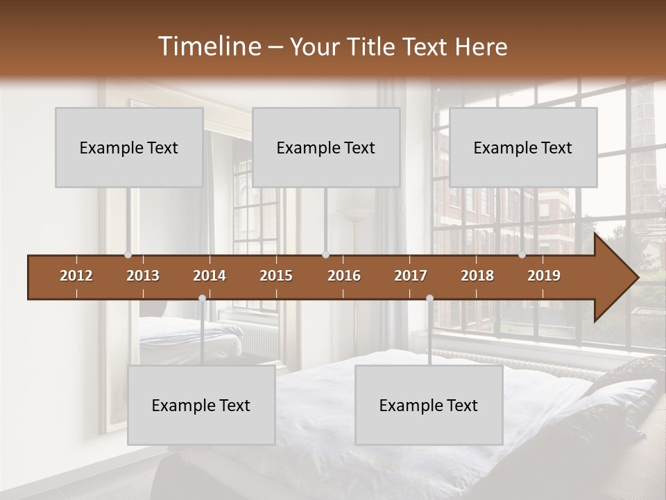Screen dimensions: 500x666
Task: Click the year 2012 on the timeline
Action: tap(76, 276)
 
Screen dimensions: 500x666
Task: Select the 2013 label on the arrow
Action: tap(143, 276)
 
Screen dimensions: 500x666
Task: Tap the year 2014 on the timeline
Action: tap(210, 276)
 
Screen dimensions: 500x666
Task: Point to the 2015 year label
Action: tap(276, 276)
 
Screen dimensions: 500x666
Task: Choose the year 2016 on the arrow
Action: tap(344, 276)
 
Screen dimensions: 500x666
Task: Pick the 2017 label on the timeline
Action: tap(411, 276)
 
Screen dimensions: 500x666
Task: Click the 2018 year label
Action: tap(477, 276)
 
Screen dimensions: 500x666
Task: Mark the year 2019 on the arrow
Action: tap(544, 276)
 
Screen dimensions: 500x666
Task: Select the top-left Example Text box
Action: tap(129, 147)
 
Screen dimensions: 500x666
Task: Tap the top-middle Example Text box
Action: tap(326, 147)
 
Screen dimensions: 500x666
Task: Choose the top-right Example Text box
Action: tap(523, 147)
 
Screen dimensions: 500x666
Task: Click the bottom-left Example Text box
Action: tap(201, 405)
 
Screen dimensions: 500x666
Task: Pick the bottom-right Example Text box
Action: tap(429, 405)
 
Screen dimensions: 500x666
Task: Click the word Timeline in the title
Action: tap(209, 47)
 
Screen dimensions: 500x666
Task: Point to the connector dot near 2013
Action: tap(128, 255)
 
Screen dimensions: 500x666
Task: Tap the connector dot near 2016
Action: tap(325, 255)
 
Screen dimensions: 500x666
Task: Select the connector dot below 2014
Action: tap(202, 298)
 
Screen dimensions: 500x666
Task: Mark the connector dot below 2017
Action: tap(429, 298)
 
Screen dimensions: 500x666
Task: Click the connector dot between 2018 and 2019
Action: tap(522, 255)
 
